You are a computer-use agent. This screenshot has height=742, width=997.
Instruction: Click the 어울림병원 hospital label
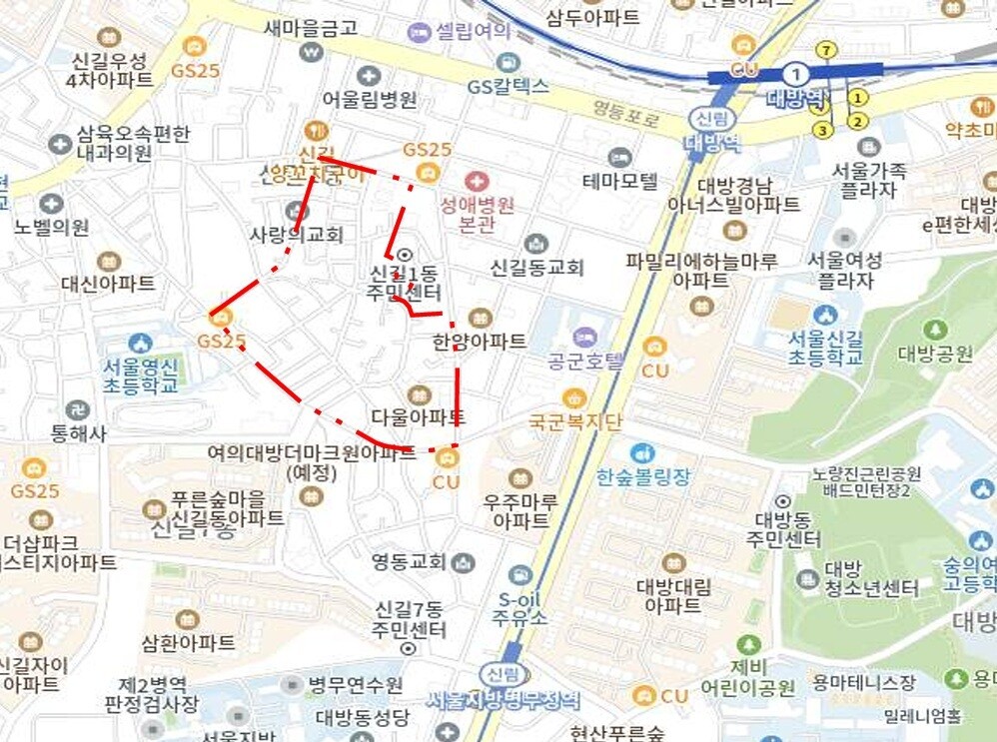370,99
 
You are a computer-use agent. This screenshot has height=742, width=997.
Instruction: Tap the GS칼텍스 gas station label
508,86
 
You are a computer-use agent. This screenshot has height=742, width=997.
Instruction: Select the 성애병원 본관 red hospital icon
478,181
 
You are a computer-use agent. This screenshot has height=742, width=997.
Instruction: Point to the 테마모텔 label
620,181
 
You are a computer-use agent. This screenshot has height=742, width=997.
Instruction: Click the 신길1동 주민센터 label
405,283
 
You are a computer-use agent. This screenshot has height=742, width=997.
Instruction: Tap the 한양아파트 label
480,342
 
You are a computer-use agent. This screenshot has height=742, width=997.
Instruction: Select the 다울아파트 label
418,416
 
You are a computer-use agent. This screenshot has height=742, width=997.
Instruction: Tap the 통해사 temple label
78,433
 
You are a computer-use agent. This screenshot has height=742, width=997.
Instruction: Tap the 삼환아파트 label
189,642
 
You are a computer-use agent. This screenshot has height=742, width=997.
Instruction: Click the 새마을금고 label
311,28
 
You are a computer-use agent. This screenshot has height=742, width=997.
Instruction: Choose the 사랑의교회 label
296,235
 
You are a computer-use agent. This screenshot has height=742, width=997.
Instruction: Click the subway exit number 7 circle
825,50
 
